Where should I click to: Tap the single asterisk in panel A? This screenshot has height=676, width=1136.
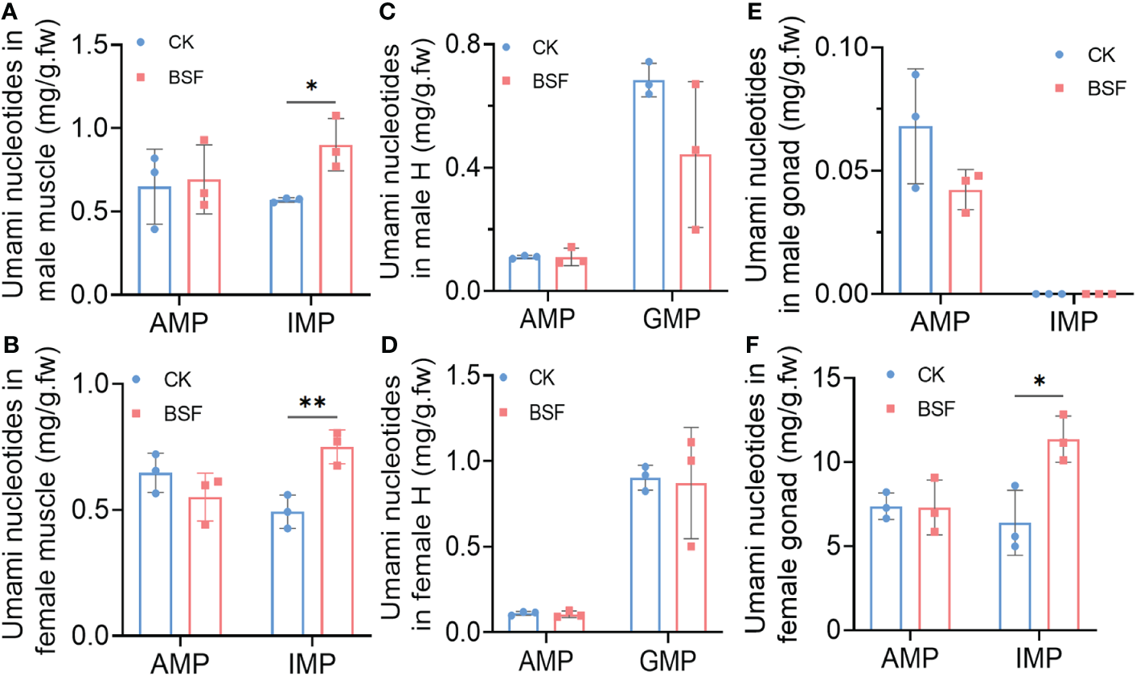(x=310, y=87)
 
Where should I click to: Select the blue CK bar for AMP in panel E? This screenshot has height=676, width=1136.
(x=915, y=211)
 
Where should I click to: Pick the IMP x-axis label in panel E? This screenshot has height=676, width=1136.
(x=1073, y=322)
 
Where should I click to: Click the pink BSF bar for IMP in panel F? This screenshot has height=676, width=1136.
(x=1064, y=535)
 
